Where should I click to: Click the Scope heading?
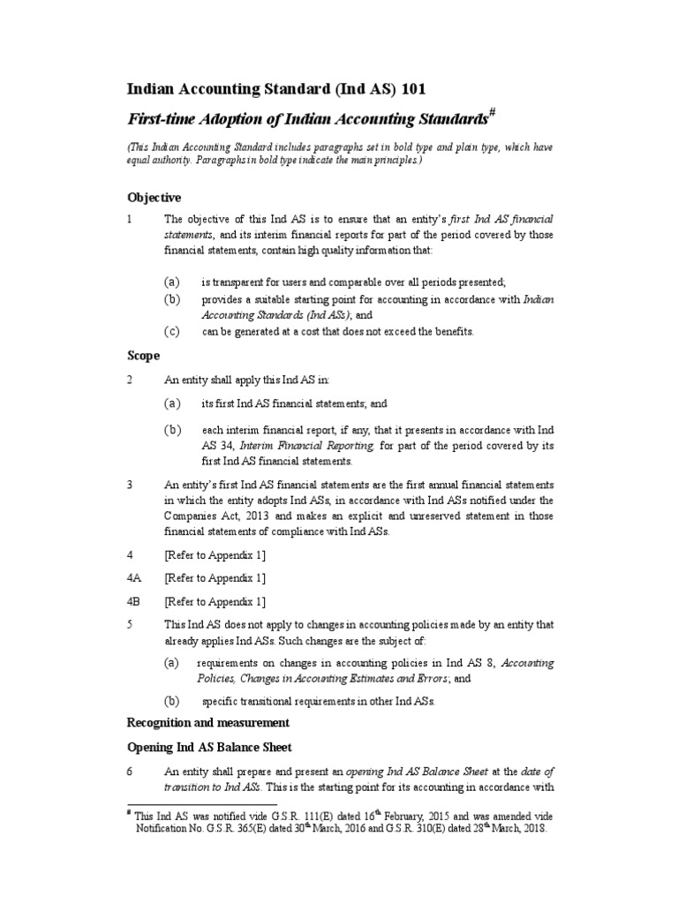(x=144, y=356)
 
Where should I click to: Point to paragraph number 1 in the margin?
(x=131, y=218)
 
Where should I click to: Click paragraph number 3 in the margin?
(x=131, y=485)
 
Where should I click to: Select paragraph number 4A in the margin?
(x=134, y=578)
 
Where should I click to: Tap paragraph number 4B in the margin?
(x=134, y=602)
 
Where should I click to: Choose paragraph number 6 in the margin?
(x=131, y=771)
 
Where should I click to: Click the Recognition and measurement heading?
(x=207, y=723)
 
